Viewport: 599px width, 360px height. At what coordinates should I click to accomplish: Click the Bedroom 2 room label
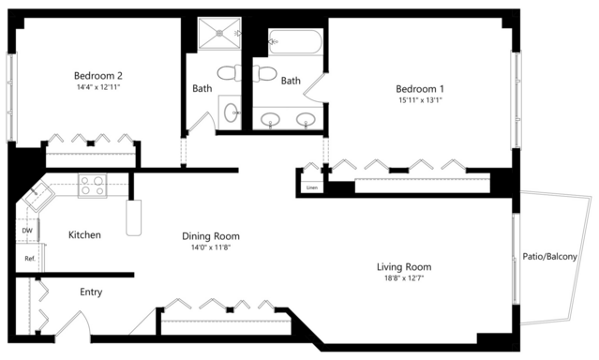[x=98, y=75]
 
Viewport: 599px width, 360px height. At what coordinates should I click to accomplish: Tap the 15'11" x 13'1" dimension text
[x=420, y=100]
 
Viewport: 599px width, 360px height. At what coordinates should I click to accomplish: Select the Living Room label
[x=404, y=267]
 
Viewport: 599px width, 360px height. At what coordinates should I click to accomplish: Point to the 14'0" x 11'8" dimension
[x=211, y=247]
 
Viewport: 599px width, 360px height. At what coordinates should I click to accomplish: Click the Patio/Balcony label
[x=549, y=257]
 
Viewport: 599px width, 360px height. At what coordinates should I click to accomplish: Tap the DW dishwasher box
[x=27, y=231]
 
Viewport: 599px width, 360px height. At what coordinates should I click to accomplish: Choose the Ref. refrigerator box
[x=30, y=259]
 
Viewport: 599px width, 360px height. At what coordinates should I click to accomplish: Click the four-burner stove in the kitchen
[x=93, y=186]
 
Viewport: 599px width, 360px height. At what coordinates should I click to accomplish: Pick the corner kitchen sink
[x=37, y=196]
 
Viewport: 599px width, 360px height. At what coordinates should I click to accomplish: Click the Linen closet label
[x=312, y=187]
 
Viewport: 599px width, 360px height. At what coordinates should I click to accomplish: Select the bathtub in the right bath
[x=295, y=42]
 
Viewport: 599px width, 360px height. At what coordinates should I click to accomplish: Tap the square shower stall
[x=219, y=34]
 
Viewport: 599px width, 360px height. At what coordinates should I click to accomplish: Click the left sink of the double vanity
[x=271, y=119]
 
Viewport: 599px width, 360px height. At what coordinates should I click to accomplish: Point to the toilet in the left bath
[x=230, y=72]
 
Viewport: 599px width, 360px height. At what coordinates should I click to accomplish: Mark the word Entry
[x=91, y=292]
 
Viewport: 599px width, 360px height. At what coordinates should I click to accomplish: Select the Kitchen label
[x=84, y=234]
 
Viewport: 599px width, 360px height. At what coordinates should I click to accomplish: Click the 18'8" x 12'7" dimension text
[x=404, y=278]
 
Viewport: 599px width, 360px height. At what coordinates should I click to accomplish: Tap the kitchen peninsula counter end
[x=134, y=217]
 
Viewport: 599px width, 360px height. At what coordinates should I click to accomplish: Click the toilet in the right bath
[x=264, y=73]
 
